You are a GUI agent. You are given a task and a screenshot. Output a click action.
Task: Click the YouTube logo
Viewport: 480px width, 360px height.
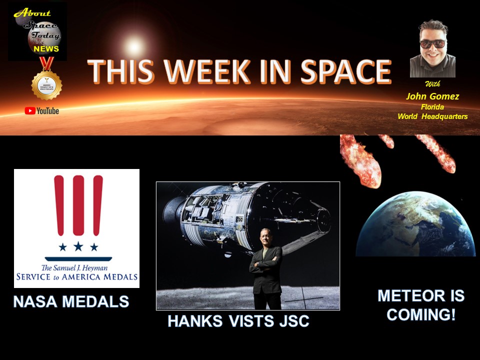tap(42, 110)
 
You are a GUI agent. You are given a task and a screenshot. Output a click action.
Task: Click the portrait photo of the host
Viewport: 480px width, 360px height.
tap(432, 48)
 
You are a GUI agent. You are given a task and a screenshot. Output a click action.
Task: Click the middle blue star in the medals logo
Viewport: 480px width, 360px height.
tap(78, 246)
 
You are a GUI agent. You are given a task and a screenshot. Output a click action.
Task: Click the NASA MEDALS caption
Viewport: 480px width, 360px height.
tap(71, 301)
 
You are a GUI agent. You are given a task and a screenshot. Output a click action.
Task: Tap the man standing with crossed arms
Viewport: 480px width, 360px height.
tap(266, 270)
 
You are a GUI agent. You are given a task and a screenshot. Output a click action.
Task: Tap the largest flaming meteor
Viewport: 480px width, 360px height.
tap(360, 160)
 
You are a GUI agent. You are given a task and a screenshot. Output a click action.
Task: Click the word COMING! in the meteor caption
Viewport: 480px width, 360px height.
tap(420, 315)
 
